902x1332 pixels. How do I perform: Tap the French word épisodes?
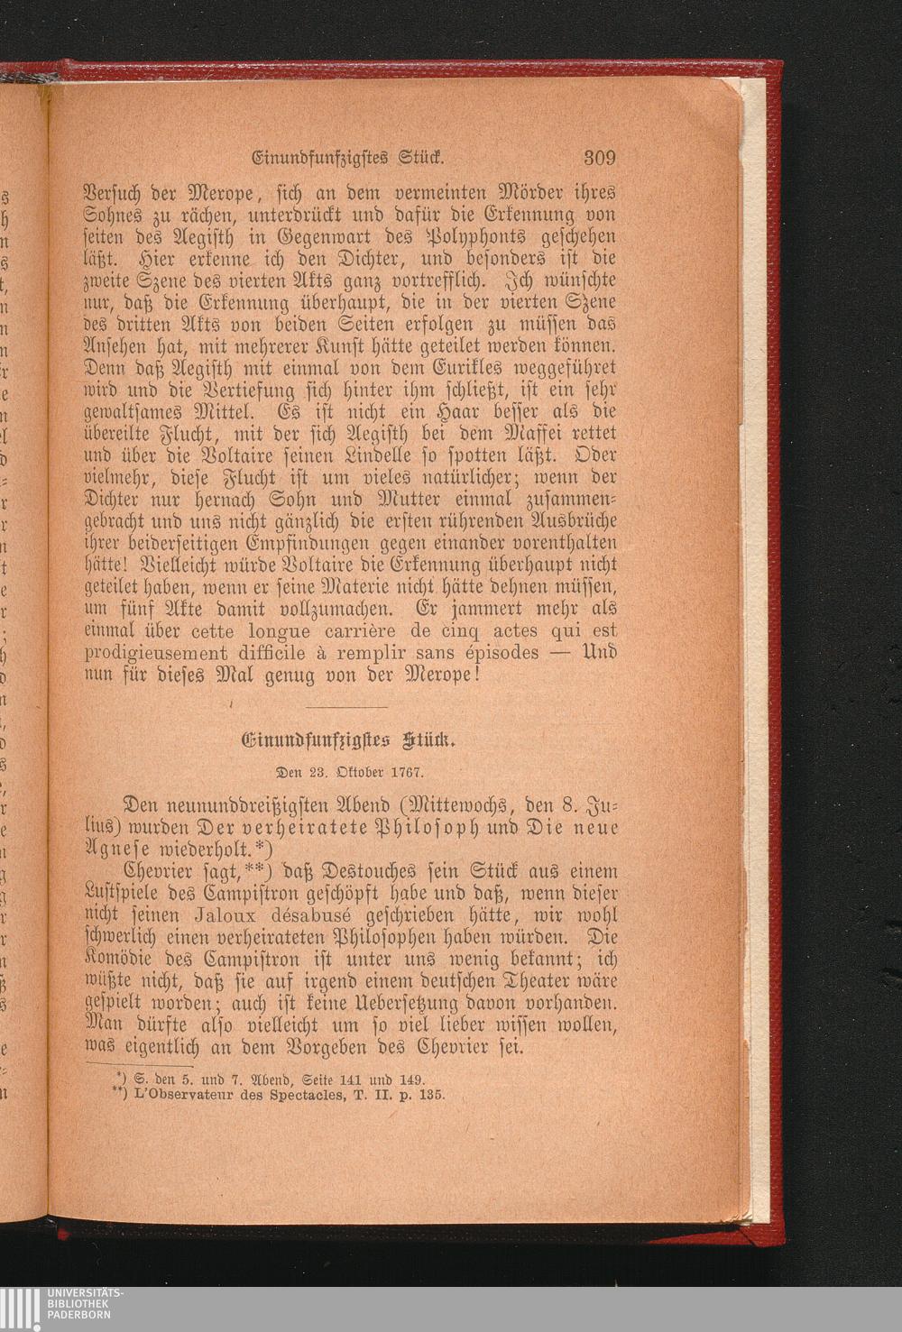(x=498, y=651)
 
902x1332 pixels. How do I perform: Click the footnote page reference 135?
(x=431, y=1095)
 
